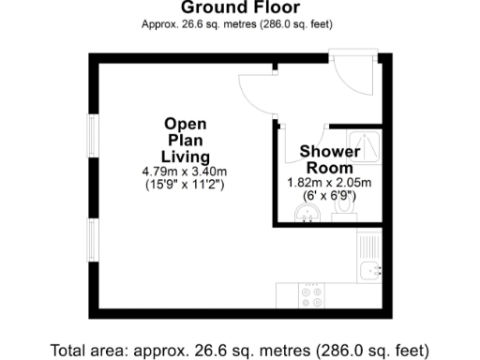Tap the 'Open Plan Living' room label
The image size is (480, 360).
click(185, 140)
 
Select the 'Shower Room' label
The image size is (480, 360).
click(329, 159)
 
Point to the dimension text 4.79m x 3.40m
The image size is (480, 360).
click(185, 172)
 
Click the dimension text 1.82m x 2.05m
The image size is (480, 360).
click(329, 183)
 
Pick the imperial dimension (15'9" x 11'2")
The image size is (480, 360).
click(185, 185)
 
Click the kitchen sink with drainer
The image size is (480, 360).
click(370, 269)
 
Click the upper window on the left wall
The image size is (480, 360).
click(92, 141)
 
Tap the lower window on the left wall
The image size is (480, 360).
click(92, 243)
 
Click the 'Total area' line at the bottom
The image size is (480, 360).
click(239, 350)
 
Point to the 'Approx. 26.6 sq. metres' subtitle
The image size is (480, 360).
click(238, 23)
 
